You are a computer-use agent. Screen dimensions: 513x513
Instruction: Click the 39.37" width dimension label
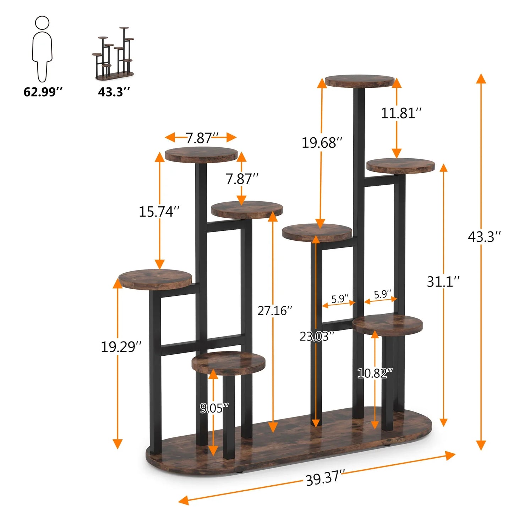325,477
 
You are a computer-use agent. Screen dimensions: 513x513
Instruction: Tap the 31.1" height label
443,282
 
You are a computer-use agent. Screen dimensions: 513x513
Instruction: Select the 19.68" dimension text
322,143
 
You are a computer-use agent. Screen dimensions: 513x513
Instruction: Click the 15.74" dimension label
159,212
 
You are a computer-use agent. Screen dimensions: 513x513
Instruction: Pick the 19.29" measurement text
121,347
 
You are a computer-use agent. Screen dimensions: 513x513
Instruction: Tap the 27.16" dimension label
274,311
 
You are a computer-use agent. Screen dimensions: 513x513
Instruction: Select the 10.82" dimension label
375,373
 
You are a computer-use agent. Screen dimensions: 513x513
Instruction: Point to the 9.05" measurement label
214,408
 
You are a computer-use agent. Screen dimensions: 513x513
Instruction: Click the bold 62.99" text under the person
43,92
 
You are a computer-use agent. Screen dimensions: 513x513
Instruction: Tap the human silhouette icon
42,49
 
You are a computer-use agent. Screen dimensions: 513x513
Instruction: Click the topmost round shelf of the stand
359,81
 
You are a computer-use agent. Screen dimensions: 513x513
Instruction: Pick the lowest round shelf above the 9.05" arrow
228,363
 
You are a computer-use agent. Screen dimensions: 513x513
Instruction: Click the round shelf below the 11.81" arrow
400,166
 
